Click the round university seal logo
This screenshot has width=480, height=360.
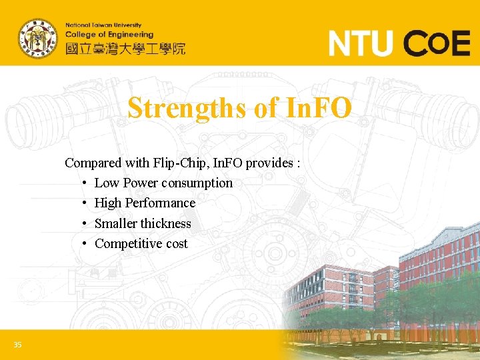[37, 39]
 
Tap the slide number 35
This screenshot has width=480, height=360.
[17, 345]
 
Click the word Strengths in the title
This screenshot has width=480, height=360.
[187, 107]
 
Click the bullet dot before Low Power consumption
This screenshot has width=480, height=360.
[85, 183]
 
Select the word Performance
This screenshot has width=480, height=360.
[160, 203]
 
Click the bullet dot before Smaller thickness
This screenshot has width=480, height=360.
[85, 224]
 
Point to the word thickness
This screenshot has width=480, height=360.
[165, 223]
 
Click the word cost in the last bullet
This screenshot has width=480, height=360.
[177, 244]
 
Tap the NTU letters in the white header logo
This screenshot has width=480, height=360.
[361, 44]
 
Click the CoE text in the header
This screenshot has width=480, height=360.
[438, 44]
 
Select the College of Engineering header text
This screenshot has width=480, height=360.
[109, 35]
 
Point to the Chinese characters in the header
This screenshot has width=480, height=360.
[125, 48]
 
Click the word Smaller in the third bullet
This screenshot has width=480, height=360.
[116, 223]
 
